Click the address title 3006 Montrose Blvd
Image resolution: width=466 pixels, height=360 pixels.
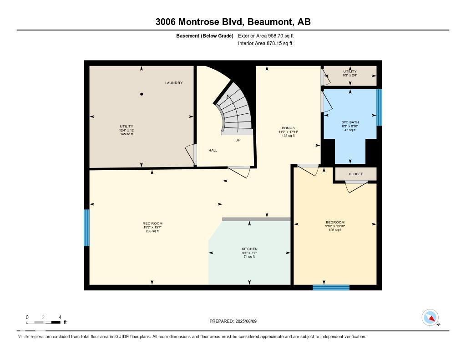click(233, 21)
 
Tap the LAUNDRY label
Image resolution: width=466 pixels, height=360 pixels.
click(174, 83)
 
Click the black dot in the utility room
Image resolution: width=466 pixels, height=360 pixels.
click(142, 94)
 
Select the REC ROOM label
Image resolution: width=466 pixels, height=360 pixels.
click(152, 223)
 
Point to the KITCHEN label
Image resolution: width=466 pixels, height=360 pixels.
click(249, 249)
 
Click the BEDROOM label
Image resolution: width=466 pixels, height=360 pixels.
click(335, 222)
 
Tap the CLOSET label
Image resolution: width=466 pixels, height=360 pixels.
click(355, 174)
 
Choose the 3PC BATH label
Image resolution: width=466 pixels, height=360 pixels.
click(349, 122)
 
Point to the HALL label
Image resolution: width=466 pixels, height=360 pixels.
click(213, 150)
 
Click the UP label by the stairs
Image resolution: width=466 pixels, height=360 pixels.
click(238, 140)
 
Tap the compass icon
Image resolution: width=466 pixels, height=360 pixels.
click(430, 318)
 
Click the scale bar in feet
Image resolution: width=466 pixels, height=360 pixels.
click(44, 322)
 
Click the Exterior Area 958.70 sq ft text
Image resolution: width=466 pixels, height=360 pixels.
click(269, 35)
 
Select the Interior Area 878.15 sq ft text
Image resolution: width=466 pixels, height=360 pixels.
click(265, 44)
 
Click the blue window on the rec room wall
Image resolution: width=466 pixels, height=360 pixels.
click(86, 228)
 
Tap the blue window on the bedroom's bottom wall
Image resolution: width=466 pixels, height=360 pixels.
click(331, 287)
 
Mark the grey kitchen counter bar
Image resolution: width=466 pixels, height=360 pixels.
click(256, 219)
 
